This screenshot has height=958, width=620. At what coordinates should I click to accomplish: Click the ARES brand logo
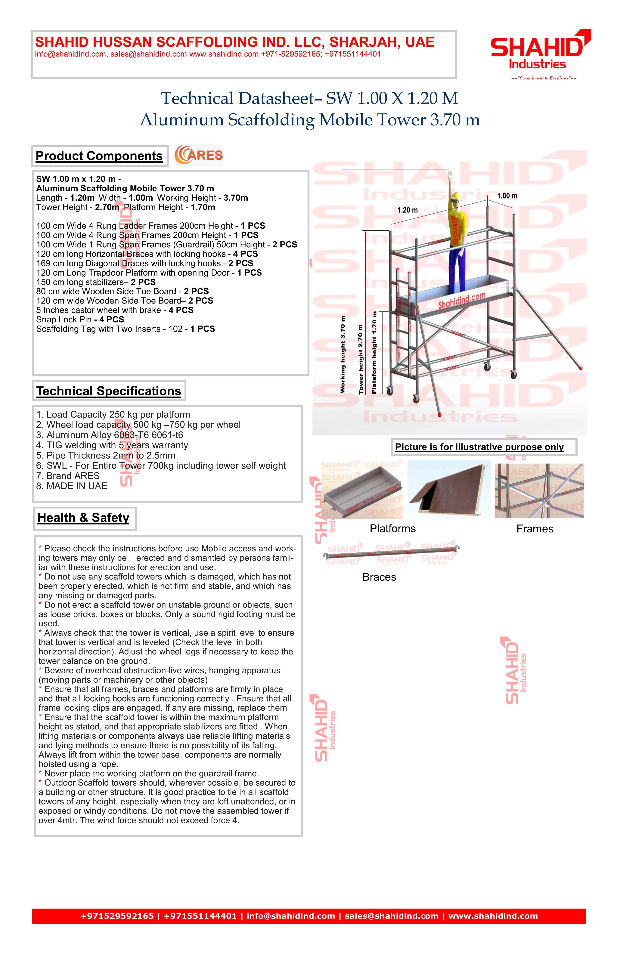point(198,155)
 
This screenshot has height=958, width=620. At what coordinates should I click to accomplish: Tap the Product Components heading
point(99,156)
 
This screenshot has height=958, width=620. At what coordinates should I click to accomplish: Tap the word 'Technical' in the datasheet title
point(197,99)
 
